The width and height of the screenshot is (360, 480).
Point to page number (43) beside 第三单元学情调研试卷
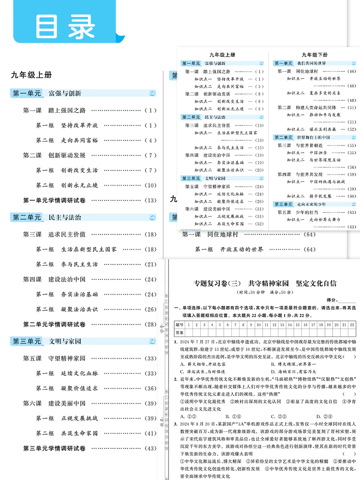tap(150, 448)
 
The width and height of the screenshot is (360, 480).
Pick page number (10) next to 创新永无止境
tap(150, 185)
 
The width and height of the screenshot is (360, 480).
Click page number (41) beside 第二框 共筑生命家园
tap(150, 433)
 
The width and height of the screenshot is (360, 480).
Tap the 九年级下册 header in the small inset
tap(312, 55)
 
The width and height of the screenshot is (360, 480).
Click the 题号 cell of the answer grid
tap(180, 325)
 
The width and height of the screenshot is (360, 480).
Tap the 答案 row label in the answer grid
tap(180, 332)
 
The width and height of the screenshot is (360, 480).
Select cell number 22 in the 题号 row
tap(352, 325)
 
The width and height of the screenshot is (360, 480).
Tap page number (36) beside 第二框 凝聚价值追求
tap(150, 388)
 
